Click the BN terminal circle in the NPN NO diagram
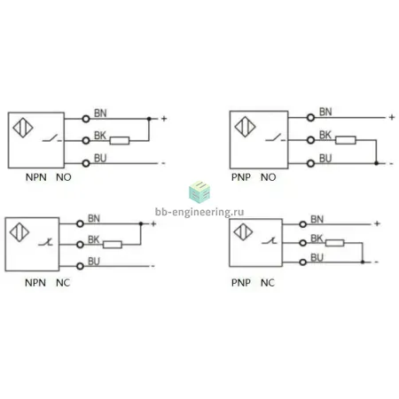coord(86,119)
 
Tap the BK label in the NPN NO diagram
coord(100,136)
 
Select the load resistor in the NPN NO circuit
coord(120,141)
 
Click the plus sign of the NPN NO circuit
coord(164,119)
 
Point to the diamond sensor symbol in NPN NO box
coord(23,128)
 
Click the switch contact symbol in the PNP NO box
coord(276,137)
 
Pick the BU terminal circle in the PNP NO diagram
coord(310,163)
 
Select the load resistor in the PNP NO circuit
coord(346,140)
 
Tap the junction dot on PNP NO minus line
coord(376,163)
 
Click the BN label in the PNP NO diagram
coord(325,112)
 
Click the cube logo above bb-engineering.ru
coord(199,192)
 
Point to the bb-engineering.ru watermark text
coord(199,212)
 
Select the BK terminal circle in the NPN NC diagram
coord(80,245)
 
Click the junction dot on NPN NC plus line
coord(141,223)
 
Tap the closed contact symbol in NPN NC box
coord(45,242)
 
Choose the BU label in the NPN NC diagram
coord(94,262)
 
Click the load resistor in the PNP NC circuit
coord(335,243)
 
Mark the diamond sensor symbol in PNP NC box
coord(243,231)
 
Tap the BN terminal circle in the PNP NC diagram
coord(302,224)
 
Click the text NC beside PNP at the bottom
coord(268,283)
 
